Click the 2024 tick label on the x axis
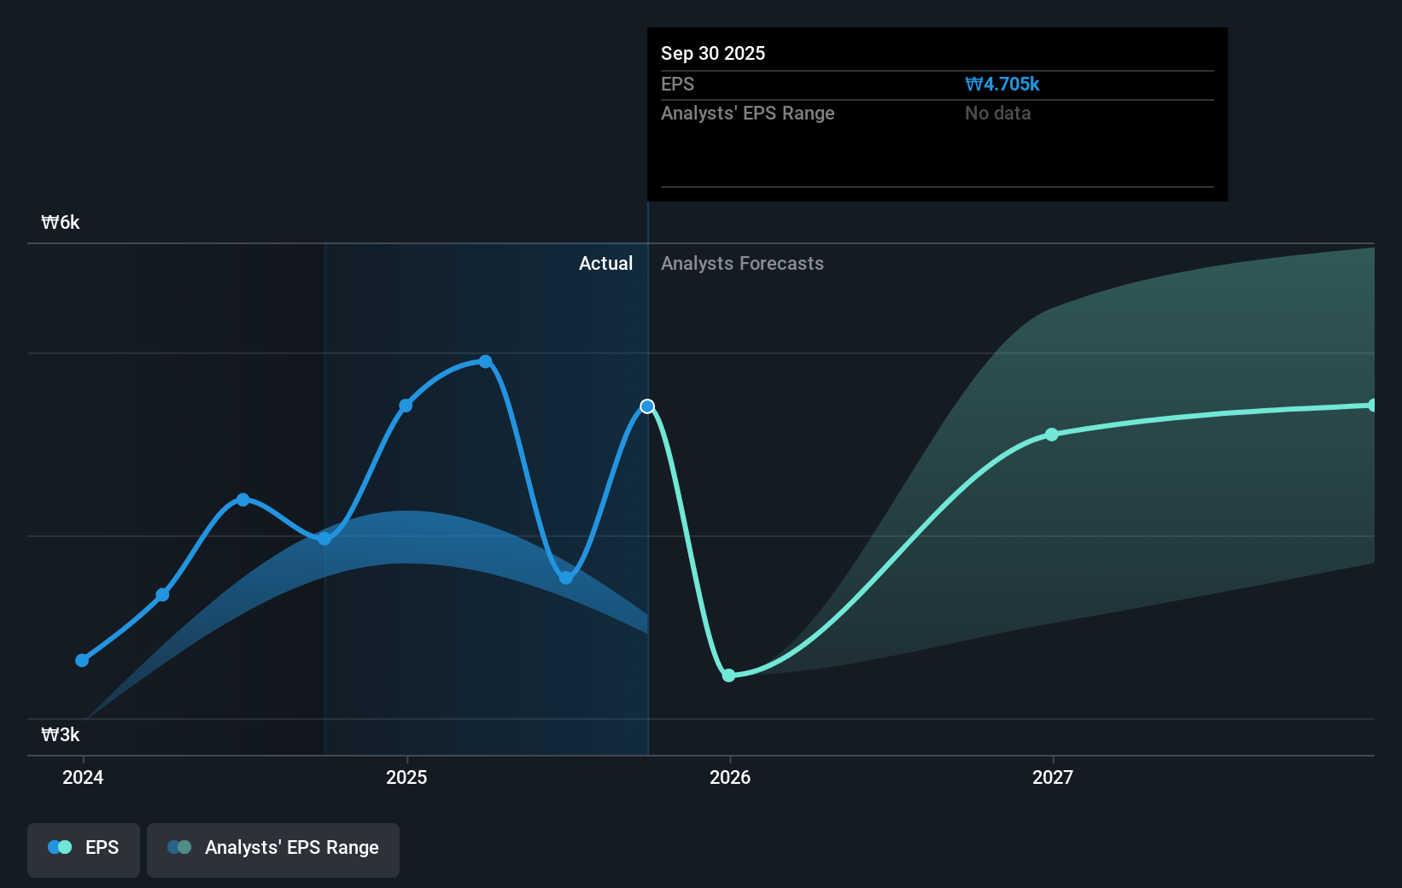(83, 777)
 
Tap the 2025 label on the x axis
(406, 777)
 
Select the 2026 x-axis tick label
(730, 777)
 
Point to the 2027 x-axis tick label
(1053, 777)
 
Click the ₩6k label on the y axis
(61, 223)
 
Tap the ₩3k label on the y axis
(61, 735)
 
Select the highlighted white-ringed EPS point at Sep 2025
(647, 406)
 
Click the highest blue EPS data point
(485, 361)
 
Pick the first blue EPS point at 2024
(82, 660)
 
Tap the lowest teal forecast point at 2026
(728, 675)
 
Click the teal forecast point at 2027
(1052, 435)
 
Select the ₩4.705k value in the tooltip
(1002, 85)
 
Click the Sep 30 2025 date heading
(713, 54)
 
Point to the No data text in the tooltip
(997, 114)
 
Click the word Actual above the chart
(605, 264)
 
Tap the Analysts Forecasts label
(742, 264)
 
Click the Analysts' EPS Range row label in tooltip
(747, 114)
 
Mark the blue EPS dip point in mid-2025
(566, 578)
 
